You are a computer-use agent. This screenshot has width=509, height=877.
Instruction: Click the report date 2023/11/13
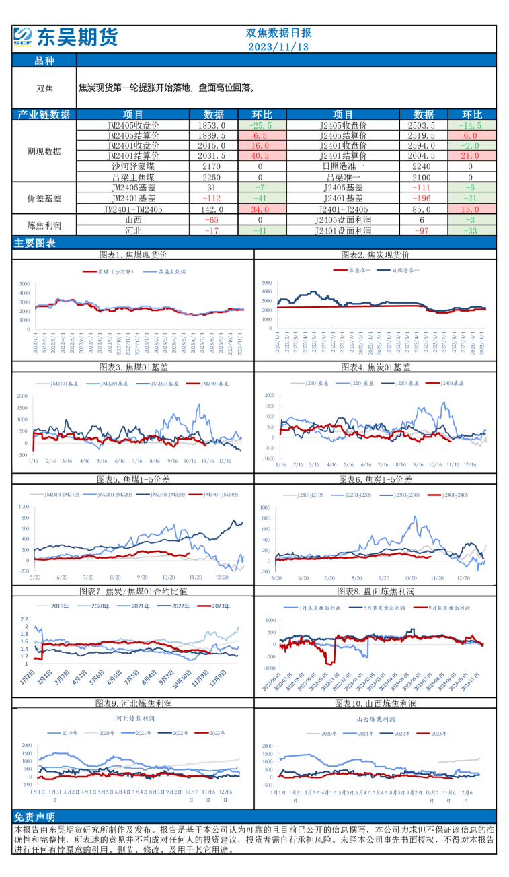pos(278,47)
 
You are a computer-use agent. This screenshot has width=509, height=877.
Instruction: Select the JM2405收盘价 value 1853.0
pos(214,125)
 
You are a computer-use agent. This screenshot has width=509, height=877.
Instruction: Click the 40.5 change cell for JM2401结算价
pos(260,155)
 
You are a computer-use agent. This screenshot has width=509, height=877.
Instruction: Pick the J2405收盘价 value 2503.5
pos(424,125)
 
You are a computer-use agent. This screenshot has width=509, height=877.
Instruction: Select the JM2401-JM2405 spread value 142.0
pos(214,209)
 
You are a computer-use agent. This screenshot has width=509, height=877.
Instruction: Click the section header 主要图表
pos(34,243)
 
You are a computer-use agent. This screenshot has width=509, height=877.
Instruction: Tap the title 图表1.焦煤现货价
pos(133,255)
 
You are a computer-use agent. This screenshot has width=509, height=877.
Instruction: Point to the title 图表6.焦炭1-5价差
pos(376,479)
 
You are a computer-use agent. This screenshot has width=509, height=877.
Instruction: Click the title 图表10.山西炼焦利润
pos(376,703)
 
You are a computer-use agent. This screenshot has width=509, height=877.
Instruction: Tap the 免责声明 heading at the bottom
pos(34,816)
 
